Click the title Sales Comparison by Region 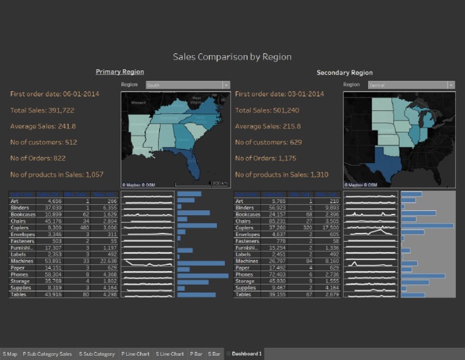pos(232,57)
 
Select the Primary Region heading pos(119,72)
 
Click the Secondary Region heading pos(345,73)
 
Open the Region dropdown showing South pos(188,85)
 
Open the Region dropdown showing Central pos(411,85)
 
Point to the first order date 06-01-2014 pos(54,94)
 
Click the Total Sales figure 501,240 pos(267,110)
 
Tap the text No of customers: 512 pos(44,142)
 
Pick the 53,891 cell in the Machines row pos(49,261)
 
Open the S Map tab pos(10,354)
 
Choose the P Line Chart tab pos(136,354)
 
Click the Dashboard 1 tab pos(246,354)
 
